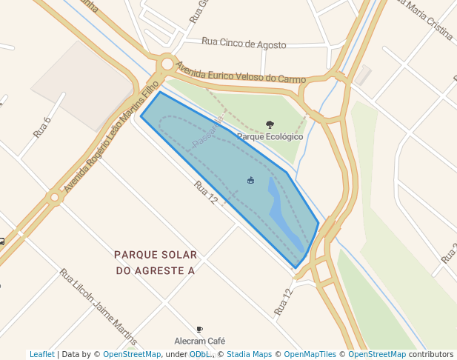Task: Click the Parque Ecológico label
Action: [x=270, y=136]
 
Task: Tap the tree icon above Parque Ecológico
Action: [x=270, y=125]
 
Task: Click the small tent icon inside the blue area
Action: [x=251, y=180]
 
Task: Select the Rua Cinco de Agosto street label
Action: [x=244, y=44]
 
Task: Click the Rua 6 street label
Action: [x=42, y=127]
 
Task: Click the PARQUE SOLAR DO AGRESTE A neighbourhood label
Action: [x=156, y=262]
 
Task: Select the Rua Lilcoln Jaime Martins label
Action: [x=99, y=307]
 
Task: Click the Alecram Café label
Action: [x=199, y=341]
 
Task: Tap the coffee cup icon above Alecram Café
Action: [x=199, y=330]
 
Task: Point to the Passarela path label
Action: [x=207, y=130]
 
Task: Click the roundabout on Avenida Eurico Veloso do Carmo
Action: [x=167, y=64]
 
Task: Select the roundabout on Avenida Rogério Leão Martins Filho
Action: [x=54, y=198]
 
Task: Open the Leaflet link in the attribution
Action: [x=41, y=354]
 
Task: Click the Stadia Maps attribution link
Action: [x=249, y=354]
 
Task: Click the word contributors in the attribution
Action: [x=431, y=354]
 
